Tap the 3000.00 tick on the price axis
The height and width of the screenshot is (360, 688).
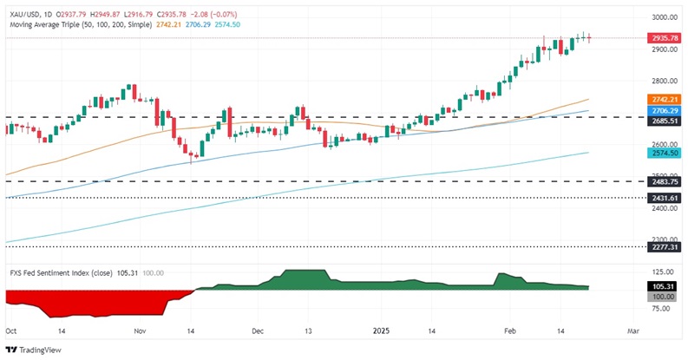point(664,17)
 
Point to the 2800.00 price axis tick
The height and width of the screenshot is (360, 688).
point(664,81)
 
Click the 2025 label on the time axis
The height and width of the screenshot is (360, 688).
point(381,331)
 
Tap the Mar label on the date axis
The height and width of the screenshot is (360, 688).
point(632,331)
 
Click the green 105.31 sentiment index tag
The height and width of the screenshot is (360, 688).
point(664,285)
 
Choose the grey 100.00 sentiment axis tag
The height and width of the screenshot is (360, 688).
point(664,296)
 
